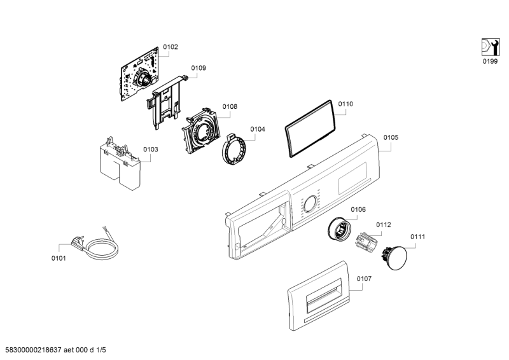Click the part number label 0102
click(x=171, y=47)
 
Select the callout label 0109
click(x=199, y=68)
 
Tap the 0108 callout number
click(x=230, y=106)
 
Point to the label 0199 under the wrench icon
click(x=490, y=61)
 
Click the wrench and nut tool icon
click(x=490, y=48)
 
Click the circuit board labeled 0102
click(x=140, y=74)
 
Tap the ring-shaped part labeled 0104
click(x=234, y=149)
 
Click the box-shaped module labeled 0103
click(x=120, y=164)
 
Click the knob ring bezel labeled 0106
click(x=339, y=229)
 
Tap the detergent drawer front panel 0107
click(x=319, y=295)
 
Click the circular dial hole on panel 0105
click(x=310, y=204)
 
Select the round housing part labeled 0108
click(x=201, y=130)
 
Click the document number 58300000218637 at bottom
click(x=34, y=350)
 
